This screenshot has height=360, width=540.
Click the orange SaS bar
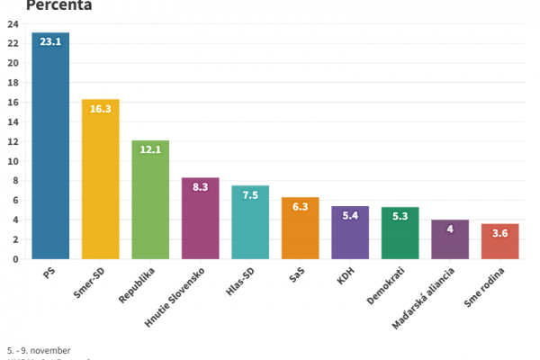coord(300,232)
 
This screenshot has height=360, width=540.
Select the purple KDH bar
coord(350,237)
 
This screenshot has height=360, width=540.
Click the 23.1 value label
coord(50,42)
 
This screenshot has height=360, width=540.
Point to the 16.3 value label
coord(100,109)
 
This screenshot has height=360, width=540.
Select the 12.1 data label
coord(150,149)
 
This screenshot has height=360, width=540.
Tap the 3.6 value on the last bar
coord(499,233)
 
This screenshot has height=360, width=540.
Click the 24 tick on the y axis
coord(13,23)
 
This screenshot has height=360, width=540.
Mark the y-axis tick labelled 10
coord(13,161)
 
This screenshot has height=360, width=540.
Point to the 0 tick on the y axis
coord(15,259)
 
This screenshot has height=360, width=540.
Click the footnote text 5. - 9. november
coord(38,350)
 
